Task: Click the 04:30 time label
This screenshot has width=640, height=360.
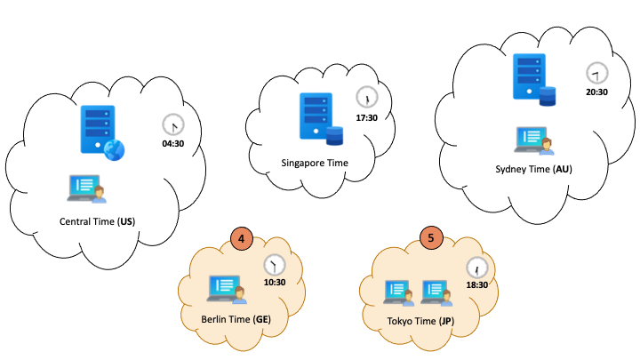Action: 173,142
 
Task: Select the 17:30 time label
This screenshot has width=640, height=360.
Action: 366,116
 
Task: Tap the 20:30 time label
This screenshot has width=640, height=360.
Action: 597,92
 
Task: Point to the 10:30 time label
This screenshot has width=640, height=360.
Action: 275,283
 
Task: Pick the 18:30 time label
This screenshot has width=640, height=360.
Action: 478,284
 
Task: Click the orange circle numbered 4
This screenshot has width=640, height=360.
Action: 242,238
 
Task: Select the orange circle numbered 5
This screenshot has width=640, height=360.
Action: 431,238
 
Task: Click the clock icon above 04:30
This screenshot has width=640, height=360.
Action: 173,124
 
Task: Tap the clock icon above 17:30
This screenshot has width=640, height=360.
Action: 365,97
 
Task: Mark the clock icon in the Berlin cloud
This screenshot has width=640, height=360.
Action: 275,264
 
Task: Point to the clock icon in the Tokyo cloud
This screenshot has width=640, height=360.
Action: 478,266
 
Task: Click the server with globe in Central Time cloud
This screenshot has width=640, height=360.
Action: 99,132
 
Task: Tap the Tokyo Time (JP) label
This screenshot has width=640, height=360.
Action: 420,321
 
